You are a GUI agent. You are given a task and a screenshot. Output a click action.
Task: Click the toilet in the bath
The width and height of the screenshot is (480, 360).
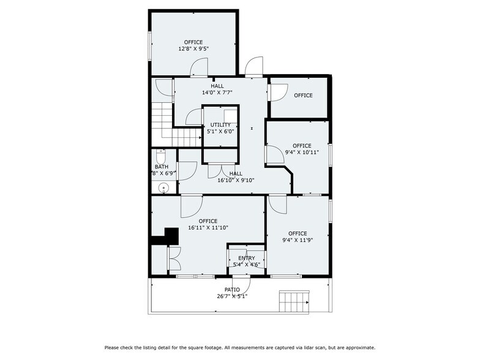161,156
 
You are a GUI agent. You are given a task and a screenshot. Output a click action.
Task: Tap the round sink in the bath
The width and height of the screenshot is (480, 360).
163,189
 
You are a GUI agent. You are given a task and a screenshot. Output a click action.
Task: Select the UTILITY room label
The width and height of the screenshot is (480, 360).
220,125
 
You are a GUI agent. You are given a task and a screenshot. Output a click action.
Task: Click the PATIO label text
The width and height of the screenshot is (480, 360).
232,290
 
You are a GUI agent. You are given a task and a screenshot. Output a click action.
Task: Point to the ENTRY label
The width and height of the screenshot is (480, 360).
247,258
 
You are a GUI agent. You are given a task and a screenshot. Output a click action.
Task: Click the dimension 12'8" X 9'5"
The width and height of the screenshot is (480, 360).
193,49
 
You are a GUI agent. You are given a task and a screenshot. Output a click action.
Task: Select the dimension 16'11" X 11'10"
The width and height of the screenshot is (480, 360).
208,228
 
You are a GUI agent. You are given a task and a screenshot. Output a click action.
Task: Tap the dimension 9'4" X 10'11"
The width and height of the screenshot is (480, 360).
302,152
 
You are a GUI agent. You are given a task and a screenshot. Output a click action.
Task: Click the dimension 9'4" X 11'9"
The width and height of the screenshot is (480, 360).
298,240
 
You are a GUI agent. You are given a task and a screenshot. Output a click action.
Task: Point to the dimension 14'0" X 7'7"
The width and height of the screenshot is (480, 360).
217,93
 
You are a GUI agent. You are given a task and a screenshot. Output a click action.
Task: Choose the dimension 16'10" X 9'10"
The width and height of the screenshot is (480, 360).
236,181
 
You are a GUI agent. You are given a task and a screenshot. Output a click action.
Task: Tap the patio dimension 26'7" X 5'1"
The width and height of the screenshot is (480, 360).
232,296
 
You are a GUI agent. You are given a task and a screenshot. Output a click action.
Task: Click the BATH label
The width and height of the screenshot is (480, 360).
161,167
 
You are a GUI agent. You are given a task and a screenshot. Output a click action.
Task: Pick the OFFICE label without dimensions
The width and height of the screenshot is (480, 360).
303,96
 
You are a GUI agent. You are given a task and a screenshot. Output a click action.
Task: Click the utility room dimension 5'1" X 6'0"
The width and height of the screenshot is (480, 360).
220,131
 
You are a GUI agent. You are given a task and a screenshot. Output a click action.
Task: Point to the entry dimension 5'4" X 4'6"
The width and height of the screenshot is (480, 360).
247,265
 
